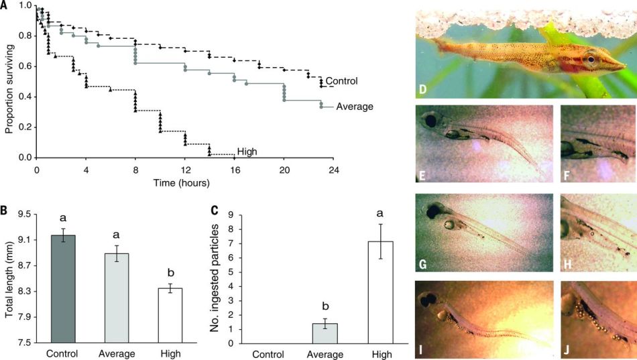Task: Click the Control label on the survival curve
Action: point(341,81)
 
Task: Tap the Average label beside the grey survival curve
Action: point(355,106)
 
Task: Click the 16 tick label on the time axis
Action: point(233,170)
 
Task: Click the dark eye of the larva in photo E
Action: point(428,122)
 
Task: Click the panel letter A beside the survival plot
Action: point(5,5)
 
